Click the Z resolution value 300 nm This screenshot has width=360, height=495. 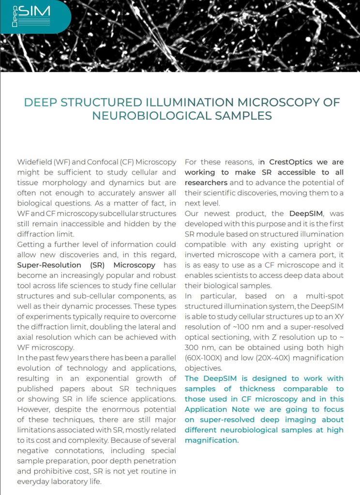pos(200,348)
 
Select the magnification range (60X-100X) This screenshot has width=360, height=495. pos(206,358)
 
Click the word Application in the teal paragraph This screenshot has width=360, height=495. pos(207,409)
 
